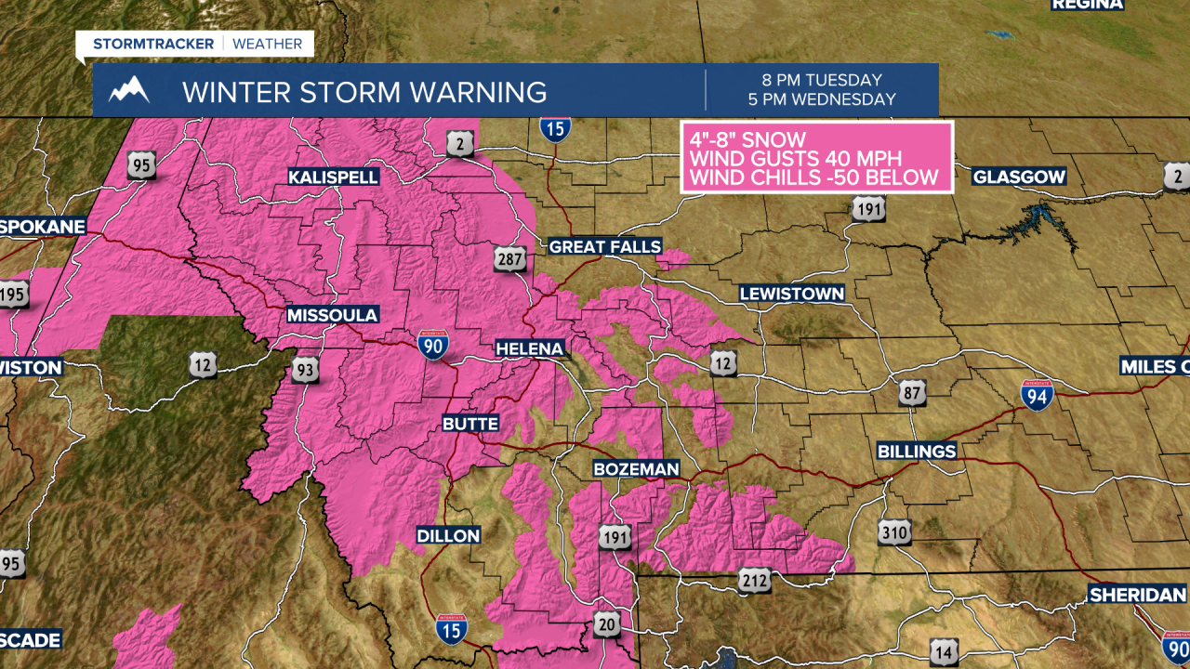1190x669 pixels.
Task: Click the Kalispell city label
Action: [333, 177]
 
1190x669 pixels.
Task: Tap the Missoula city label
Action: [332, 315]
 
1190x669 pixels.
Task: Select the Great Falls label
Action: [604, 246]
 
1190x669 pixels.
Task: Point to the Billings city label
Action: [917, 451]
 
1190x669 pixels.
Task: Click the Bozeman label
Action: [638, 469]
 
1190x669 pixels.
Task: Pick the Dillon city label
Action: [448, 535]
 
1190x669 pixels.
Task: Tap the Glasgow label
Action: [1019, 177]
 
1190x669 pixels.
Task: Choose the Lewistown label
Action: [792, 294]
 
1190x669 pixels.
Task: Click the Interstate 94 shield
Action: [1037, 395]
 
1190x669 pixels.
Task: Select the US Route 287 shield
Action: [511, 259]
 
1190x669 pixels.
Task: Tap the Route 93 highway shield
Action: [304, 369]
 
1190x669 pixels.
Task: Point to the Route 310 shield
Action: [894, 532]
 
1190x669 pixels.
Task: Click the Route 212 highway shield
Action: [755, 581]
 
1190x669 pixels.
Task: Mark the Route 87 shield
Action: [912, 392]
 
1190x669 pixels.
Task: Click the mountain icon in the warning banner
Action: [129, 90]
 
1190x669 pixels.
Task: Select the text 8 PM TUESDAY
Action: [821, 81]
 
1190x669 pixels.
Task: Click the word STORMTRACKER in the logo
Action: [153, 44]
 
